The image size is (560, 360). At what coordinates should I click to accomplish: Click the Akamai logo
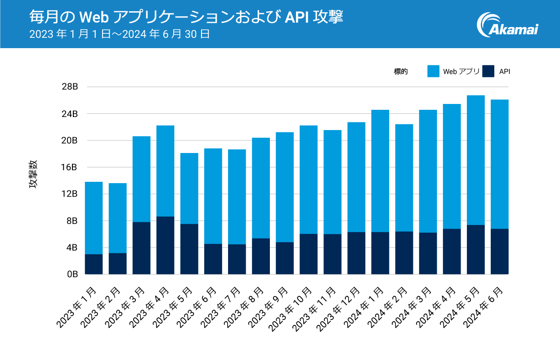click(x=507, y=25)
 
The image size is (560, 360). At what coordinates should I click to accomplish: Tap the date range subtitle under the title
click(x=120, y=34)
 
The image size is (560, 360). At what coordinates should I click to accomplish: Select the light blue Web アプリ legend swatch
click(x=433, y=71)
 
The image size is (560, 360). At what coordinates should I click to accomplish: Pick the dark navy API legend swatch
click(x=488, y=71)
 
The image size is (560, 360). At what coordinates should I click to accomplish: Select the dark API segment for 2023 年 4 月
click(x=165, y=245)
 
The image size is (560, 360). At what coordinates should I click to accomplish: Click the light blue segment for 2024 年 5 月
click(x=475, y=160)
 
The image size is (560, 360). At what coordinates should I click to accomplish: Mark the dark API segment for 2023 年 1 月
click(x=94, y=264)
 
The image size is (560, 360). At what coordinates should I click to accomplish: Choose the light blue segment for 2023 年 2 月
click(x=117, y=218)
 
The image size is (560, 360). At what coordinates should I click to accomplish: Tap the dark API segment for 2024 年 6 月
click(x=499, y=252)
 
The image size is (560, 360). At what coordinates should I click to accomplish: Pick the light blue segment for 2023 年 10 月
click(x=309, y=180)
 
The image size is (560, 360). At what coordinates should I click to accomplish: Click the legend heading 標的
click(x=401, y=71)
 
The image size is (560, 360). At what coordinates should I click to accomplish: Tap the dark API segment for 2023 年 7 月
click(x=237, y=259)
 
